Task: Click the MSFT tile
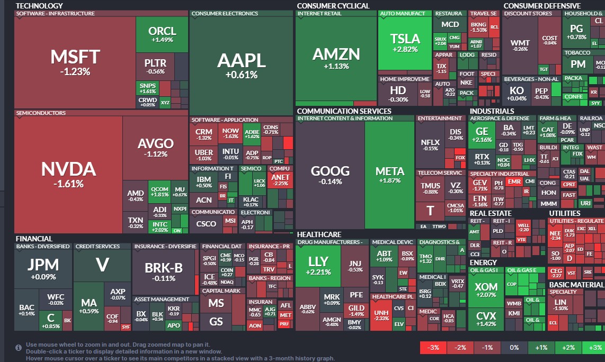(x=75, y=61)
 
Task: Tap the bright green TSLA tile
(x=405, y=42)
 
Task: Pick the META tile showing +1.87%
(x=389, y=175)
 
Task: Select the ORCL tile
(x=162, y=34)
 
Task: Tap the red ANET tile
(x=280, y=180)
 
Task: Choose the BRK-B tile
(x=164, y=271)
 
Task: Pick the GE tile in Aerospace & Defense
(x=482, y=134)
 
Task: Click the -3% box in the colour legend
(x=433, y=348)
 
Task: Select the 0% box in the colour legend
(x=514, y=348)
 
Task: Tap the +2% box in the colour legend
(x=568, y=348)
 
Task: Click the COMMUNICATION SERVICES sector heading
(x=344, y=111)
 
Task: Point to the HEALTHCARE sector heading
(x=319, y=234)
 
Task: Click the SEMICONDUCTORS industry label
(x=41, y=113)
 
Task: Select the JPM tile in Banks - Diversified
(x=43, y=268)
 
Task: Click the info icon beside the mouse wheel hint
(x=19, y=348)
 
